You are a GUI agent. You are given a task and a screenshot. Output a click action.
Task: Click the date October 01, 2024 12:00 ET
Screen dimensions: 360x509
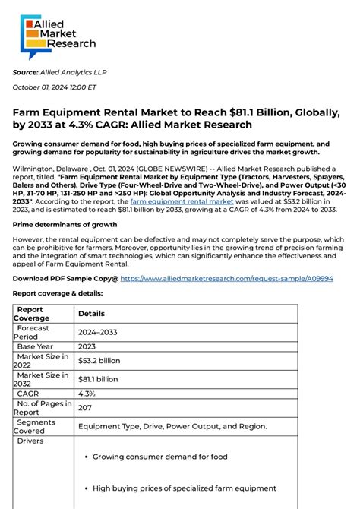pyautogui.click(x=54, y=87)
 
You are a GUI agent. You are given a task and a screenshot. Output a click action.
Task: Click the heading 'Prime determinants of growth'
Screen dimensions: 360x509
pyautogui.click(x=65, y=225)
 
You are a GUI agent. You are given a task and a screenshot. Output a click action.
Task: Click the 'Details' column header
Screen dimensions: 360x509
pyautogui.click(x=91, y=313)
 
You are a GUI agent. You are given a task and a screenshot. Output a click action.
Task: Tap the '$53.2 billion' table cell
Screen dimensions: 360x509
pyautogui.click(x=99, y=360)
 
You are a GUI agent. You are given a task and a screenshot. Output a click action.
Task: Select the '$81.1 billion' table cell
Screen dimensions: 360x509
pyautogui.click(x=98, y=379)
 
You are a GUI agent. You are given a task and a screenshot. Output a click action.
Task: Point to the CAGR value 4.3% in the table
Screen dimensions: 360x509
pyautogui.click(x=87, y=394)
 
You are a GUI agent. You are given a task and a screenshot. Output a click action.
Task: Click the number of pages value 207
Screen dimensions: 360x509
pyautogui.click(x=85, y=408)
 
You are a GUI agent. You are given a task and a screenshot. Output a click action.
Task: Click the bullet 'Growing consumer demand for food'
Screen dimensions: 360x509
pyautogui.click(x=159, y=457)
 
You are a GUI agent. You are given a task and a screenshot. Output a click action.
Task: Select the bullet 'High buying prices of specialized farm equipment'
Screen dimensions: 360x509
pyautogui.click(x=185, y=488)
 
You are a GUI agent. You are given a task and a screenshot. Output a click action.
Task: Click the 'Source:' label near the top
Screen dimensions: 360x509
pyautogui.click(x=25, y=72)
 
